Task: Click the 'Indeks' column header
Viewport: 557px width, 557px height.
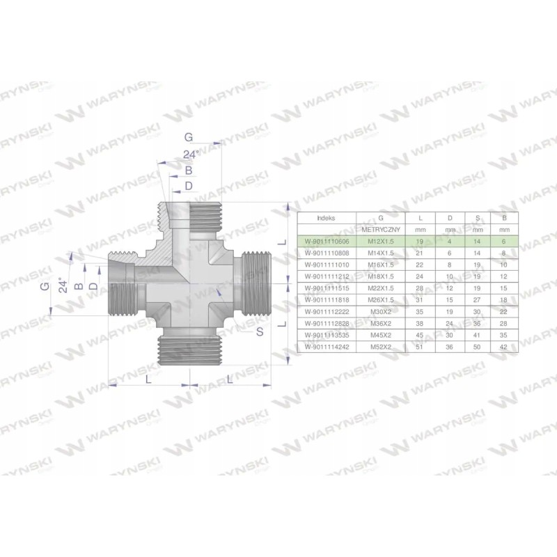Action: (326, 218)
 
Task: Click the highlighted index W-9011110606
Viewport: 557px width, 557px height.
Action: (326, 240)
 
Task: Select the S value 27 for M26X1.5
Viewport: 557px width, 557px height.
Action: (478, 299)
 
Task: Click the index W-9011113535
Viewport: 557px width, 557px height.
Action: (326, 334)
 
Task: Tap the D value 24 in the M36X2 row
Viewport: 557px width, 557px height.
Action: (449, 322)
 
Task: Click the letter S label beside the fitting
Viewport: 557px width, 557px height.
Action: (259, 332)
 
